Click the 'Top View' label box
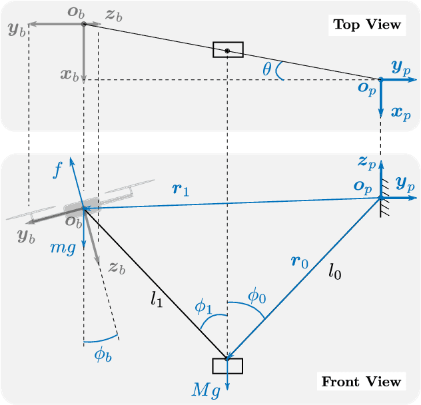(x=368, y=25)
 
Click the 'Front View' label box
(x=362, y=382)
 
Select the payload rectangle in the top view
(x=228, y=50)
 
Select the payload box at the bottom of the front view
(x=227, y=366)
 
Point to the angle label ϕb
(x=103, y=354)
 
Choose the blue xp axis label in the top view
(x=401, y=113)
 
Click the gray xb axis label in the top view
(x=69, y=75)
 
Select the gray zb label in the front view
(x=117, y=268)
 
